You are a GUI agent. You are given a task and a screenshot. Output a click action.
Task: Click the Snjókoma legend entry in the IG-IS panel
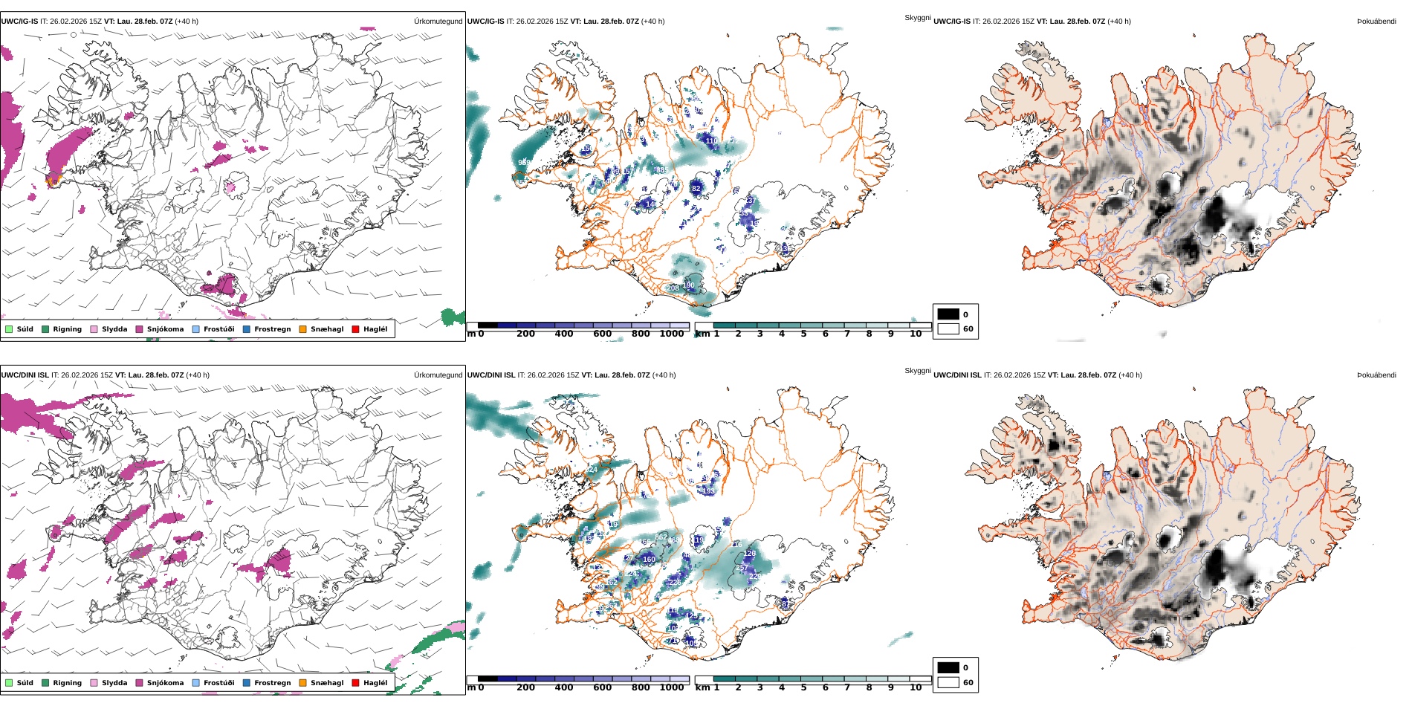click(165, 329)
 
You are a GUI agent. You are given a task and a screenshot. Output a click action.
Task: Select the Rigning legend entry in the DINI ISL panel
click(67, 683)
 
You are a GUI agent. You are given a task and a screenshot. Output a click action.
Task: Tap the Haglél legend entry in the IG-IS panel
click(375, 329)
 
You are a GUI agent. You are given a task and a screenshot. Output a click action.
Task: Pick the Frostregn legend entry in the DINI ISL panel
click(272, 683)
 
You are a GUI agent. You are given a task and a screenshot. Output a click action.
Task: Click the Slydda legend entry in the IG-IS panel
click(114, 329)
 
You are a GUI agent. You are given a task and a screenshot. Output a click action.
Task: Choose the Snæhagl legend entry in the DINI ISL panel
click(327, 683)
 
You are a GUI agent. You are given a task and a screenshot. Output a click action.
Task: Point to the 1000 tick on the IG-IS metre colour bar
click(671, 334)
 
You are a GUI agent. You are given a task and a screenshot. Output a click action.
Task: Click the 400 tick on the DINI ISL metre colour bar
click(564, 687)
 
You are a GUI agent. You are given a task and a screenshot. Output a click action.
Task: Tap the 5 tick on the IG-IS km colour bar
click(803, 334)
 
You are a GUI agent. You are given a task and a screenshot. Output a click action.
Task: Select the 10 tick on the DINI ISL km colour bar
click(916, 687)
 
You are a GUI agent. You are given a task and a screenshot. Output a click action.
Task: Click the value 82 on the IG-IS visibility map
click(696, 189)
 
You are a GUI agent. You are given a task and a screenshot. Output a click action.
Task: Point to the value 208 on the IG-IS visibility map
click(673, 288)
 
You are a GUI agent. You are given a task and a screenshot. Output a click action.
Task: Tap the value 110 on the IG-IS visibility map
click(711, 140)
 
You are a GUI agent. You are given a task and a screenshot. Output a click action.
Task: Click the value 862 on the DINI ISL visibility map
click(661, 537)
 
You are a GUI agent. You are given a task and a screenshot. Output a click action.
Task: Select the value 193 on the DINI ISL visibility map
click(708, 490)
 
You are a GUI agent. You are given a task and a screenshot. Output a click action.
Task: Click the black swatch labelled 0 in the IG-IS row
click(948, 314)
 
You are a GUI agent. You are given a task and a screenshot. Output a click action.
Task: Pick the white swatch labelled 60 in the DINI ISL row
click(948, 682)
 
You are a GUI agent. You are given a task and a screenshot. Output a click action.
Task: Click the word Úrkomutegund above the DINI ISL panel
click(438, 375)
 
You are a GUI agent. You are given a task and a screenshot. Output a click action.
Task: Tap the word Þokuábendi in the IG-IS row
click(1376, 22)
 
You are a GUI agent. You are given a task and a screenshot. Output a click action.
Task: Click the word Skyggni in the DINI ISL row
click(918, 371)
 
